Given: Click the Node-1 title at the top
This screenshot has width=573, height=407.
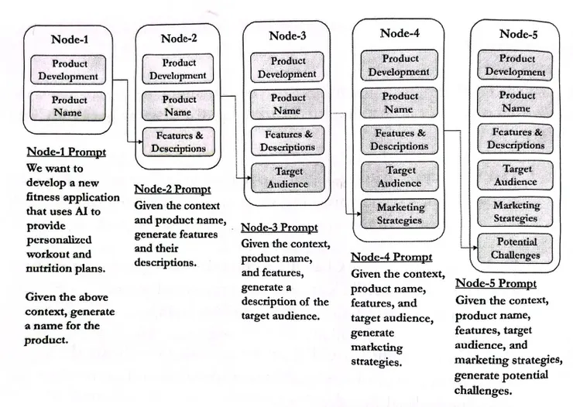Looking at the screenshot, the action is click(x=70, y=39).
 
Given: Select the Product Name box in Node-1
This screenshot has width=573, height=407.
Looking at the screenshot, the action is click(x=67, y=106).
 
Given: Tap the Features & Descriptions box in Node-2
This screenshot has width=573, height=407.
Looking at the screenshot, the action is click(x=178, y=142).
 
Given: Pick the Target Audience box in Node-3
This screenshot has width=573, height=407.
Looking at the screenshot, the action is click(x=287, y=178).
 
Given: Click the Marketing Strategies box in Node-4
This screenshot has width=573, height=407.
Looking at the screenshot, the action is click(x=400, y=214).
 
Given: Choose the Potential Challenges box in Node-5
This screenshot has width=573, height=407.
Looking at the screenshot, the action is click(x=515, y=248).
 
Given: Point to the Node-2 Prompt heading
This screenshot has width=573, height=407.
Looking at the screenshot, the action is click(x=173, y=190).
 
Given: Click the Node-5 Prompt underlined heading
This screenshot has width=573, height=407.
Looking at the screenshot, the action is click(x=496, y=284).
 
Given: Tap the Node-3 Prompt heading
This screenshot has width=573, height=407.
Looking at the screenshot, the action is click(x=280, y=227).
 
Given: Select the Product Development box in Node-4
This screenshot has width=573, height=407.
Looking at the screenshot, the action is click(x=399, y=65).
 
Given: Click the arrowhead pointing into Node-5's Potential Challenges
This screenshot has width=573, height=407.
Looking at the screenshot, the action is click(x=475, y=248).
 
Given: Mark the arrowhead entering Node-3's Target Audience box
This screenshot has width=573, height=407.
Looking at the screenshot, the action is click(x=249, y=178).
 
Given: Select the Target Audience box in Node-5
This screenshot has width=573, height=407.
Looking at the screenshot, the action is click(x=515, y=175).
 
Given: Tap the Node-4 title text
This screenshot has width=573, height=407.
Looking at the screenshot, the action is click(x=400, y=33).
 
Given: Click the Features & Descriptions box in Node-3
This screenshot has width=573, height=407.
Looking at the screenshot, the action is click(x=287, y=141).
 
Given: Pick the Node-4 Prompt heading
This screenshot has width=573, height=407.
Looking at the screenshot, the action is click(x=391, y=258).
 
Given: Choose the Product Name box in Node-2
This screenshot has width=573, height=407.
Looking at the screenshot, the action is click(x=178, y=105).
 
